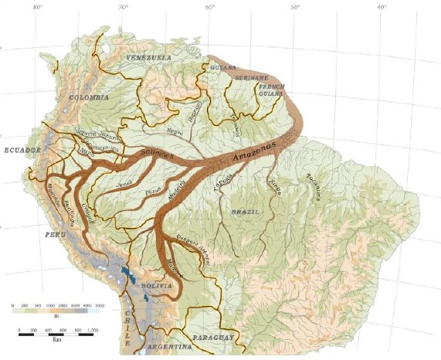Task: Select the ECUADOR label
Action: pyautogui.click(x=21, y=150)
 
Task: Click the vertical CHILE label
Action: pyautogui.click(x=128, y=324)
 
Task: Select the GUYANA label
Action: pyautogui.click(x=222, y=68)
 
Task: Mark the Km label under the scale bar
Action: pyautogui.click(x=56, y=338)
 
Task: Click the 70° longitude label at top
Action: pyautogui.click(x=122, y=7)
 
